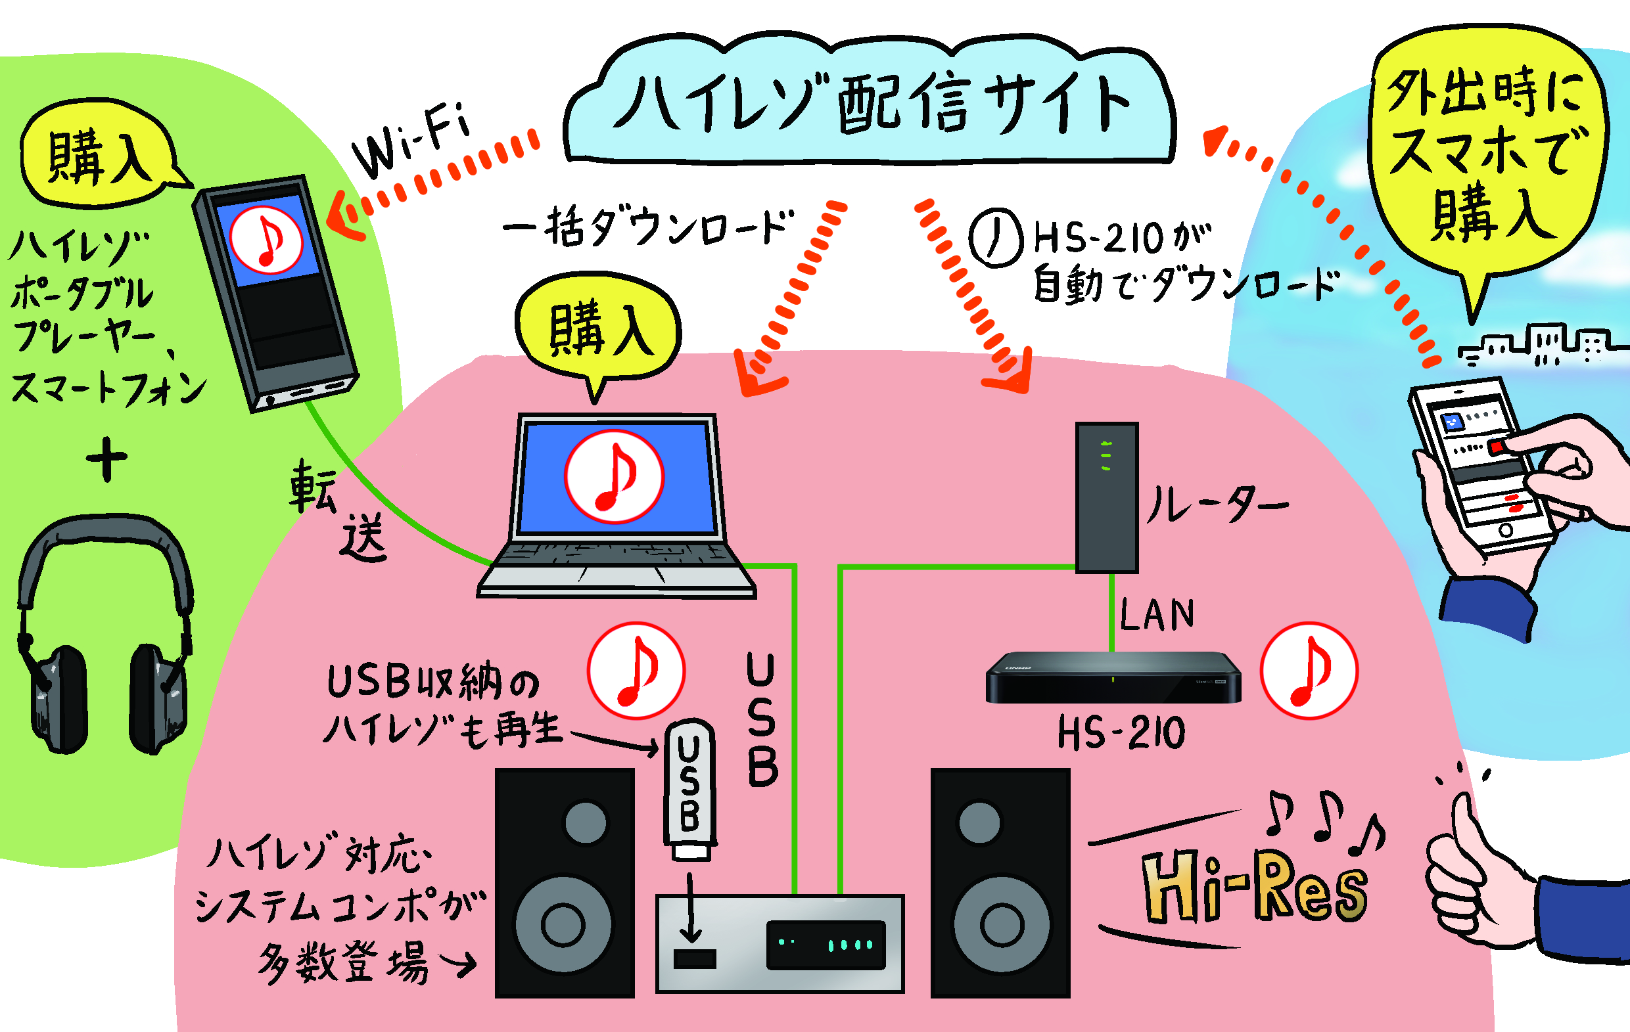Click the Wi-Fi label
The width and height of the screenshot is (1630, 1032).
[411, 141]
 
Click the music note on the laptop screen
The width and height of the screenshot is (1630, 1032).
[614, 476]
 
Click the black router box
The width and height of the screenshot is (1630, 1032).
[1107, 497]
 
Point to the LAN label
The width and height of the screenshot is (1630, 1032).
[1157, 615]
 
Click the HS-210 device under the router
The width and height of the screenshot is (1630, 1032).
[1113, 677]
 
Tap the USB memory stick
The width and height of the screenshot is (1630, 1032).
[689, 789]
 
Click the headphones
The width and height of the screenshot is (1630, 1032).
[105, 636]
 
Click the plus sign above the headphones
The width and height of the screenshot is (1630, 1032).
[106, 458]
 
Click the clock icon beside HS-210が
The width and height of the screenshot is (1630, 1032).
[995, 238]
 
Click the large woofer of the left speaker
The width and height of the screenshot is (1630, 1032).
[563, 924]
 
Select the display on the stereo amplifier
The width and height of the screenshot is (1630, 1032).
[826, 944]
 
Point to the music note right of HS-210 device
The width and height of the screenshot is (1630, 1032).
[1309, 671]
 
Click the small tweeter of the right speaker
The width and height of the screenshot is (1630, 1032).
[979, 823]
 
